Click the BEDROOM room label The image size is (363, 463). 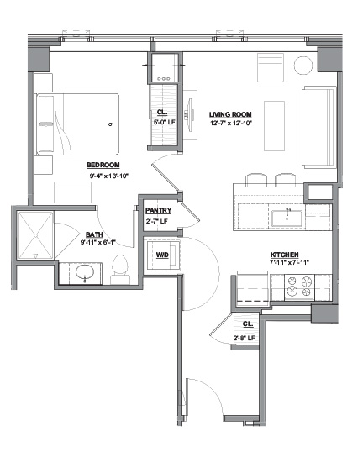click(103, 165)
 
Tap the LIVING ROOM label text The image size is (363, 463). click(230, 114)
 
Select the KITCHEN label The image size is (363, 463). click(284, 255)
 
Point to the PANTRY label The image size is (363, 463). click(158, 210)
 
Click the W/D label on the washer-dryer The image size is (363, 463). click(162, 255)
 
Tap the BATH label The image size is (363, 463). click(94, 234)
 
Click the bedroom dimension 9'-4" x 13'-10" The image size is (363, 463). click(108, 176)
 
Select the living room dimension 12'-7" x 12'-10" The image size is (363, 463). click(231, 124)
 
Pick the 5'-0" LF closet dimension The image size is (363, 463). click(164, 122)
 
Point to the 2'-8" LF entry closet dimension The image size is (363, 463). click(244, 338)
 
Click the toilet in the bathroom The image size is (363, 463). click(120, 270)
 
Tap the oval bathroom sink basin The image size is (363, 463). click(85, 272)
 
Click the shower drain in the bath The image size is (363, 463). click(35, 235)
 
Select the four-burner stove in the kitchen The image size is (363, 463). click(299, 287)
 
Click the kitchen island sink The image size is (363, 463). click(287, 218)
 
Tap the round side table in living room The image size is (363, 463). click(303, 66)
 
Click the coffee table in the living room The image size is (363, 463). click(275, 126)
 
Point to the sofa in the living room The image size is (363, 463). click(319, 127)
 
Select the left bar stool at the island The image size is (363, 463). click(256, 180)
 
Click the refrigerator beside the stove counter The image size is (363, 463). click(253, 289)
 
